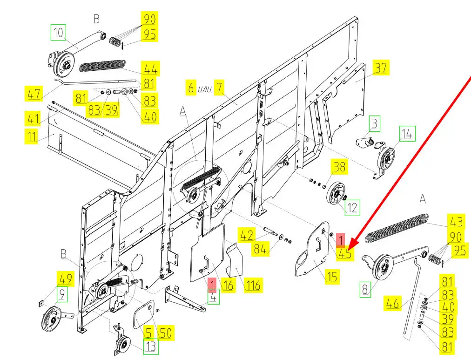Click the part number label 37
coord(380,68)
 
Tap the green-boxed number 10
coord(59,33)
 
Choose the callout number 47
coord(34,94)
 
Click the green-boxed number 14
coord(406,134)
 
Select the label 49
coord(65,279)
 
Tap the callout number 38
coord(338,167)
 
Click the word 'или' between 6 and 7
coord(205,88)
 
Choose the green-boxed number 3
coord(375,124)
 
